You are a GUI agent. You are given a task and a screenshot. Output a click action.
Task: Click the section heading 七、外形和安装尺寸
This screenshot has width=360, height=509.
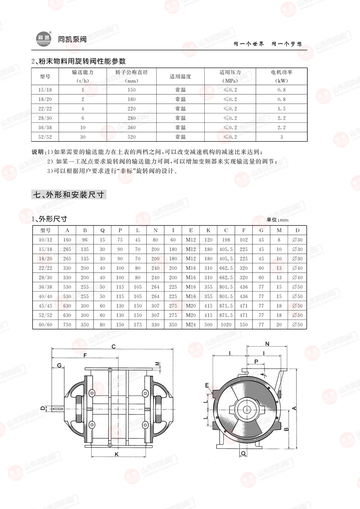tap(68, 195)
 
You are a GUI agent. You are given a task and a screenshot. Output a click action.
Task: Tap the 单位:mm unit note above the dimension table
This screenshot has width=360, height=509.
tap(277, 220)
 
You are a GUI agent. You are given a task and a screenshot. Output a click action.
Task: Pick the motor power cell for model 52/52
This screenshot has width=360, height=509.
tap(281, 137)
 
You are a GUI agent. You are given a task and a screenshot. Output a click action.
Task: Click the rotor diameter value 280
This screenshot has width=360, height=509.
tap(131, 118)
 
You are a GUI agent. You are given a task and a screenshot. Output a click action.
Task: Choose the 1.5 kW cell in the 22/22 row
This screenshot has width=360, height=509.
tap(281, 108)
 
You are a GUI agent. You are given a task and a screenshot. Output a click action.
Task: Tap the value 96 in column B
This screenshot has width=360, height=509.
tap(85, 240)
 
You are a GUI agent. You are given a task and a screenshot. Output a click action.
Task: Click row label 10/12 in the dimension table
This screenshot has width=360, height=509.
tap(45, 240)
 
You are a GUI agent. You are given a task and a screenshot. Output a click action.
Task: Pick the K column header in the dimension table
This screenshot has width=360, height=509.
tap(208, 230)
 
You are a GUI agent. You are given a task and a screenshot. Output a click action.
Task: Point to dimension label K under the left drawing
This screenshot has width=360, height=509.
tap(117, 455)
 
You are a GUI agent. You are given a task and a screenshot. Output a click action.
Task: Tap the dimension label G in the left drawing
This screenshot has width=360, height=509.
tap(59, 365)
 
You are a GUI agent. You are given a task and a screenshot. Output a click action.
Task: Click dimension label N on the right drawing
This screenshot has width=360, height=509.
tap(268, 344)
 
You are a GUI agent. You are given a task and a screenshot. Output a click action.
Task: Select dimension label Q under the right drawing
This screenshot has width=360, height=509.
tap(243, 455)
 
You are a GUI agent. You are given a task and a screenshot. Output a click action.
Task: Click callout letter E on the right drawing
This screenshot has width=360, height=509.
tap(207, 385)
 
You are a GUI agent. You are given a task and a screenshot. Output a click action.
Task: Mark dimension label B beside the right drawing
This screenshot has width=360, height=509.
tap(286, 429)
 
